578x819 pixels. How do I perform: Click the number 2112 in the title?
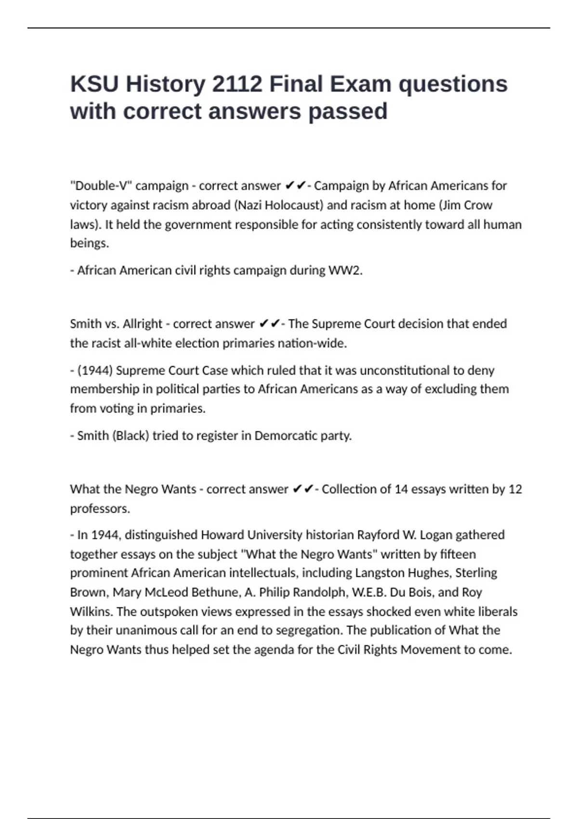237,84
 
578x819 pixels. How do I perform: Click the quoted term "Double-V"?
101,186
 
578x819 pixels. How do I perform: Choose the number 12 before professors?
515,489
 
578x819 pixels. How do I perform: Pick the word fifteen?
458,555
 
